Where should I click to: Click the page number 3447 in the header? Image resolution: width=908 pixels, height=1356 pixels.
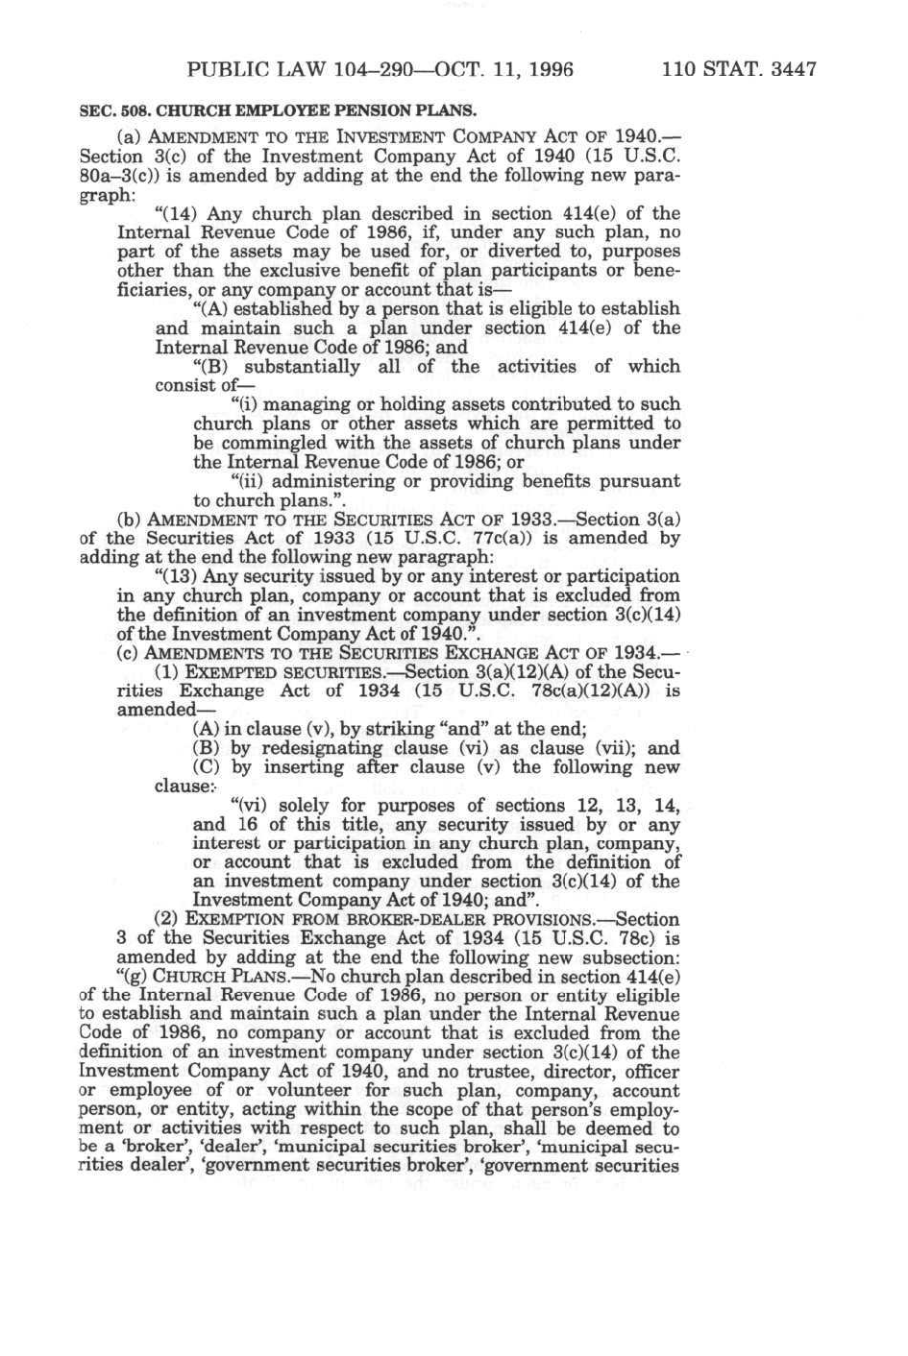click(x=787, y=69)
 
